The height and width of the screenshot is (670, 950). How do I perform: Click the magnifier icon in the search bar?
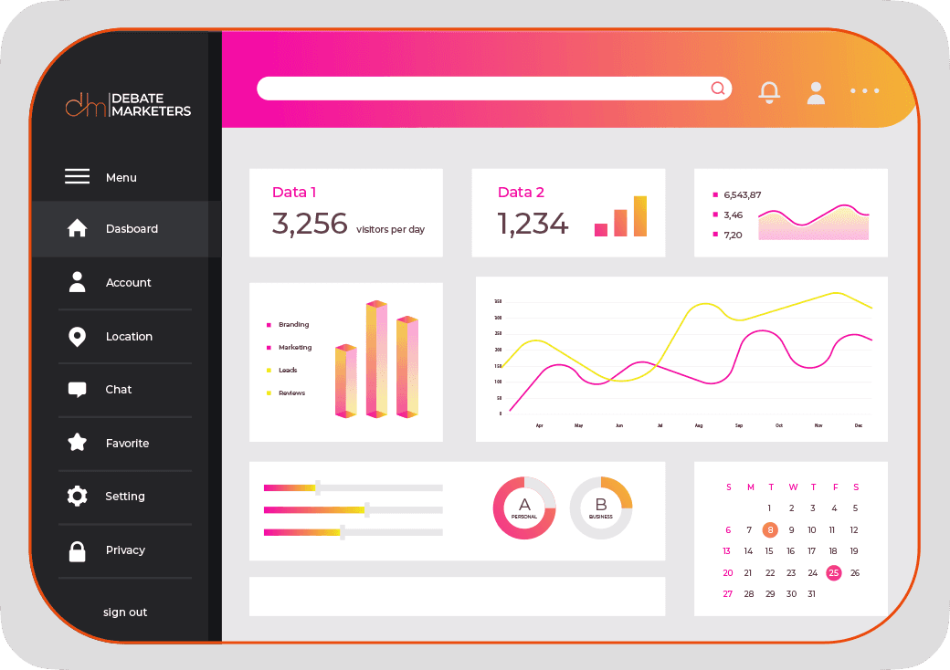click(x=718, y=89)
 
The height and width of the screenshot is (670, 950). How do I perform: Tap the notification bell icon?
click(x=770, y=91)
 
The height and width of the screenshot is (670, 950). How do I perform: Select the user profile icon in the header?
click(x=816, y=92)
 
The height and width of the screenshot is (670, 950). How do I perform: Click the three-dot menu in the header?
click(x=864, y=91)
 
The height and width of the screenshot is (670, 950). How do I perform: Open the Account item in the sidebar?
click(x=128, y=283)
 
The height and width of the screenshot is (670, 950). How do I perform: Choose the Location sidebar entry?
click(x=129, y=337)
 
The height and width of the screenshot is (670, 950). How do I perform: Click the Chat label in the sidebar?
click(x=119, y=390)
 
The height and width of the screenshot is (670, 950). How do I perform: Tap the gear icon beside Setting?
click(x=78, y=497)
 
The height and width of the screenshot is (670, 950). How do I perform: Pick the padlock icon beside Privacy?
click(x=78, y=551)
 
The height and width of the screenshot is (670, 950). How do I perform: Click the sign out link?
click(x=125, y=612)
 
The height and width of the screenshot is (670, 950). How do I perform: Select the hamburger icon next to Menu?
click(x=78, y=177)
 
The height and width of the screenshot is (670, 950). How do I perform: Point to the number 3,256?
click(x=310, y=224)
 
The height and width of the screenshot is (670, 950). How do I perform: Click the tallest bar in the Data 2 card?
click(x=640, y=216)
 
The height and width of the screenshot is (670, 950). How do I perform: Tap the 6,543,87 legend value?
click(x=742, y=194)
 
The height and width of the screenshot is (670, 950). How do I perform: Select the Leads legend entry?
click(x=288, y=371)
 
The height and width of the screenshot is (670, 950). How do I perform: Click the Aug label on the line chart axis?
click(x=699, y=426)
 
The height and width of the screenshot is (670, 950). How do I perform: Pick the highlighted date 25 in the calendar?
click(x=833, y=573)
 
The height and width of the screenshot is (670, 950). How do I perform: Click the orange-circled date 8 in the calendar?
click(x=770, y=529)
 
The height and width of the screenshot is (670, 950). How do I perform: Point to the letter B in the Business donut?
click(x=601, y=504)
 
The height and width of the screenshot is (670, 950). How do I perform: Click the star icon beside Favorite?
click(x=78, y=444)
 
